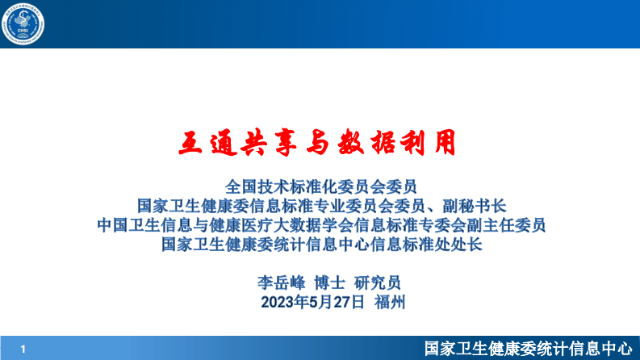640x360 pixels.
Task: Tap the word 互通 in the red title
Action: coord(205,142)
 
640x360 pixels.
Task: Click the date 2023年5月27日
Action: coord(312,303)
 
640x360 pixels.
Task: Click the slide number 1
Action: coord(23,349)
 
